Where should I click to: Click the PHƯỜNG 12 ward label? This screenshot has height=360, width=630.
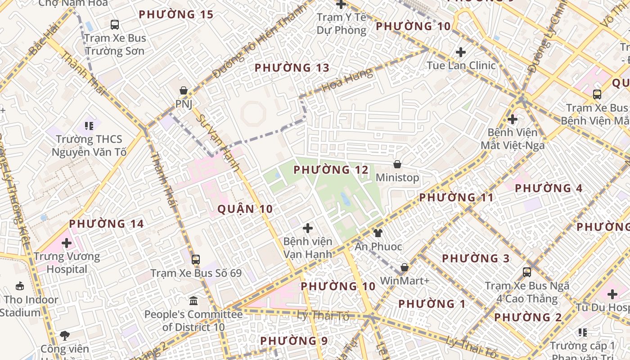(331, 170)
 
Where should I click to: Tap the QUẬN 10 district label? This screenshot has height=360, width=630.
(245, 209)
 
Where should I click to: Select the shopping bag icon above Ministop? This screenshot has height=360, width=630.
(397, 165)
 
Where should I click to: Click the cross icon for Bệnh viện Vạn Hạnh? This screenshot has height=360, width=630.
(308, 229)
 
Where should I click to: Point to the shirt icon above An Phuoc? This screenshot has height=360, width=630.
(378, 233)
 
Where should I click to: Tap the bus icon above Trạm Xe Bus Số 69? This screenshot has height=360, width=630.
(195, 260)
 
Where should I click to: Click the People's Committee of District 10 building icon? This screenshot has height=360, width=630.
(193, 301)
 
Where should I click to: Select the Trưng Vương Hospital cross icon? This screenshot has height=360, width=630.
(67, 243)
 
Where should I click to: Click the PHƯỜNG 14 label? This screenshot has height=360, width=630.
(106, 224)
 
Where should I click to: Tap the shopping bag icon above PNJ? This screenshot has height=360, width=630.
(184, 91)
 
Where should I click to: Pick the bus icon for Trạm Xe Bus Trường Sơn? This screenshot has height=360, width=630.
(115, 25)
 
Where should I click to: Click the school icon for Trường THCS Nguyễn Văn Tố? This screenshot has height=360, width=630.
(89, 126)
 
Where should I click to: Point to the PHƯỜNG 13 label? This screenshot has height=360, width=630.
(298, 68)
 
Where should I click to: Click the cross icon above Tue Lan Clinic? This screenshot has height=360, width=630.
(461, 52)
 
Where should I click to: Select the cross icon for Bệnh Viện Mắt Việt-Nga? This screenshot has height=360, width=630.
(512, 120)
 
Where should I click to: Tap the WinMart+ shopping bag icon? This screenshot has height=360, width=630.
(405, 268)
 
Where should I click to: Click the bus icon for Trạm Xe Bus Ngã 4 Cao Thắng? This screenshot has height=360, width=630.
(527, 272)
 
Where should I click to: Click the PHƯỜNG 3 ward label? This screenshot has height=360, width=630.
(476, 259)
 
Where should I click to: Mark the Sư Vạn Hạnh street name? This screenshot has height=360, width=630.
(219, 142)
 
